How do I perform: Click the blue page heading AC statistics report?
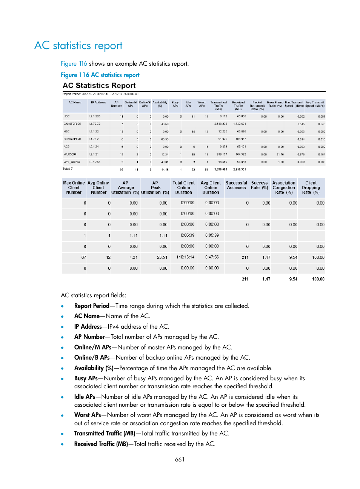pyautogui.click(x=78, y=46)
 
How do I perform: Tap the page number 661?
pyautogui.click(x=180, y=459)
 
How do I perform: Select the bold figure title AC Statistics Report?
pyautogui.click(x=99, y=86)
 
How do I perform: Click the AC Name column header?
pyautogui.click(x=75, y=103)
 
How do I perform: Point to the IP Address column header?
pyautogui.click(x=98, y=103)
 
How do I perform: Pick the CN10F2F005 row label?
pyautogui.click(x=72, y=124)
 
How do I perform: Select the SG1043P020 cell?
pyautogui.click(x=72, y=139)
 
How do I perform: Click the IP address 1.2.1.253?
pyautogui.click(x=94, y=162)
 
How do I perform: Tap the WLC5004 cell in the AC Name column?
pyautogui.click(x=70, y=154)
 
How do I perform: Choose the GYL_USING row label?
pyautogui.click(x=72, y=162)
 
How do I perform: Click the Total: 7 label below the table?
pyautogui.click(x=68, y=169)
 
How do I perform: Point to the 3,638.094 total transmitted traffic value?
pyautogui.click(x=221, y=169)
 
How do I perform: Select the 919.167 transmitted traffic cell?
pyautogui.click(x=222, y=154)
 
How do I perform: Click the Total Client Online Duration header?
pyautogui.click(x=183, y=188)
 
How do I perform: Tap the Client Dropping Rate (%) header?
pyautogui.click(x=311, y=188)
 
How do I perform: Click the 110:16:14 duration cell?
pyautogui.click(x=185, y=257)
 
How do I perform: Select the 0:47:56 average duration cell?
pyautogui.click(x=212, y=257)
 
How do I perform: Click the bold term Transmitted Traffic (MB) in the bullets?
pyautogui.click(x=105, y=433)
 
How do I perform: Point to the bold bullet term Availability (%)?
pyautogui.click(x=94, y=368)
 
